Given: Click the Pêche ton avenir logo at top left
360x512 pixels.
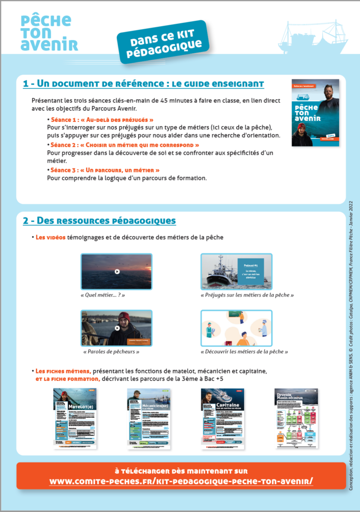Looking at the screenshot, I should pos(49,32).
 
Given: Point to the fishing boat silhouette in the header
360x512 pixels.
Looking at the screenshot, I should pos(313,37).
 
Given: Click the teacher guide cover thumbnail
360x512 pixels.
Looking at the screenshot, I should pos(315,112).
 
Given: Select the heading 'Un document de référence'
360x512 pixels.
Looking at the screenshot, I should pos(143,83).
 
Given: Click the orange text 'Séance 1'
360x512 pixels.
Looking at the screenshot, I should pos(64,120).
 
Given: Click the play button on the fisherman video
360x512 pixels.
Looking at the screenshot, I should pos(116,328).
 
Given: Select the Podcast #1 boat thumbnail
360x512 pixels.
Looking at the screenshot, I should pos(236,271).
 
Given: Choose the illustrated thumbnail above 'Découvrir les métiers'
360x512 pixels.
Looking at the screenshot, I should pos(236,328).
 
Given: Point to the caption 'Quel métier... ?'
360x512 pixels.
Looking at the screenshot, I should pos(102,295).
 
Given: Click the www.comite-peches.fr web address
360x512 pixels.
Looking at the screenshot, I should pos(181,481).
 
